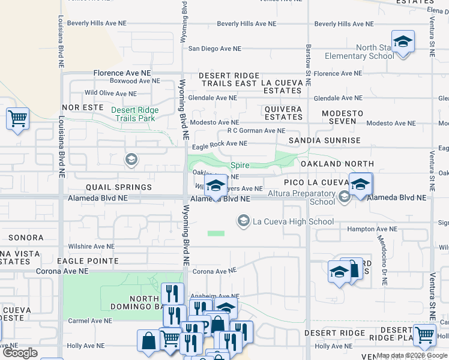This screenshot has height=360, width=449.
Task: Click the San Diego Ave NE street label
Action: click(214, 49)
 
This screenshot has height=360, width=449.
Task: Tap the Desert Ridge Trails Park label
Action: click(135, 114)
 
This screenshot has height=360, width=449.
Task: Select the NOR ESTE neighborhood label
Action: click(79, 107)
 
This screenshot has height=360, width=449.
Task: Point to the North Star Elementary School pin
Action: click(403, 43)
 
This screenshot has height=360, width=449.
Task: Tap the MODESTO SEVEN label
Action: click(342, 118)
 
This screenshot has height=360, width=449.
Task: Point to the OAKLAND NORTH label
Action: click(337, 164)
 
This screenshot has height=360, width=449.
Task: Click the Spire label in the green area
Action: click(240, 164)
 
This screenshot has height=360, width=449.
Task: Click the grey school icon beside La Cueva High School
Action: click(244, 221)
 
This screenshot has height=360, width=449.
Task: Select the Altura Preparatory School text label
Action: click(310, 197)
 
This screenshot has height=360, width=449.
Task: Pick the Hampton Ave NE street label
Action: click(372, 229)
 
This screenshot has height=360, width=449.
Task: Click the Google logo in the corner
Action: click(20, 353)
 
